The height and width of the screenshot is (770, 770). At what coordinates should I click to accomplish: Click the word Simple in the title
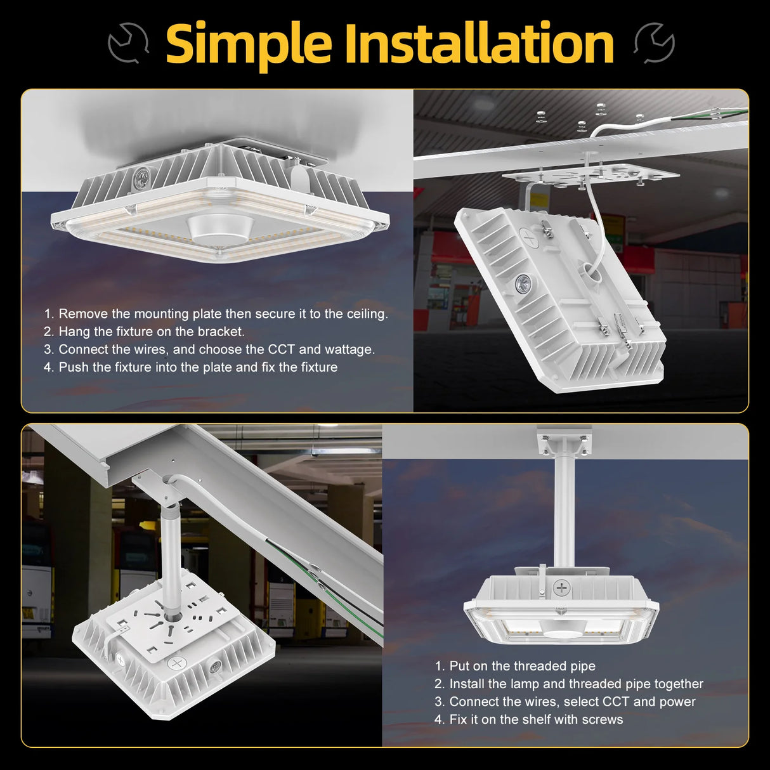click(249, 43)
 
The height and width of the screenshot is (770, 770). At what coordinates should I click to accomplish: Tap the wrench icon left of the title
click(128, 43)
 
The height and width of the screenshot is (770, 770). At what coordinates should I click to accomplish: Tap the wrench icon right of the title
click(655, 43)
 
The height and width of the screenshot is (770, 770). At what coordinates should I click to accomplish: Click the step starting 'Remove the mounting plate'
click(216, 314)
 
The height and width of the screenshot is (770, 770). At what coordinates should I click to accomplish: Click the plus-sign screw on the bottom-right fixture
click(561, 587)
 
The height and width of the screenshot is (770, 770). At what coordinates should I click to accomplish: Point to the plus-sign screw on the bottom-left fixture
click(177, 663)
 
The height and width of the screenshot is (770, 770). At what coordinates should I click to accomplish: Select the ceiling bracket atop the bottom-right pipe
click(563, 442)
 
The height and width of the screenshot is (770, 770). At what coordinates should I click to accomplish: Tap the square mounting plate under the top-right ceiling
click(590, 174)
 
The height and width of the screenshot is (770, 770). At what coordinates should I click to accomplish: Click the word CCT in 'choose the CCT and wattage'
click(281, 349)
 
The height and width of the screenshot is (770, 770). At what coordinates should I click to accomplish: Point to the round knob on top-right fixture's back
click(524, 282)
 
